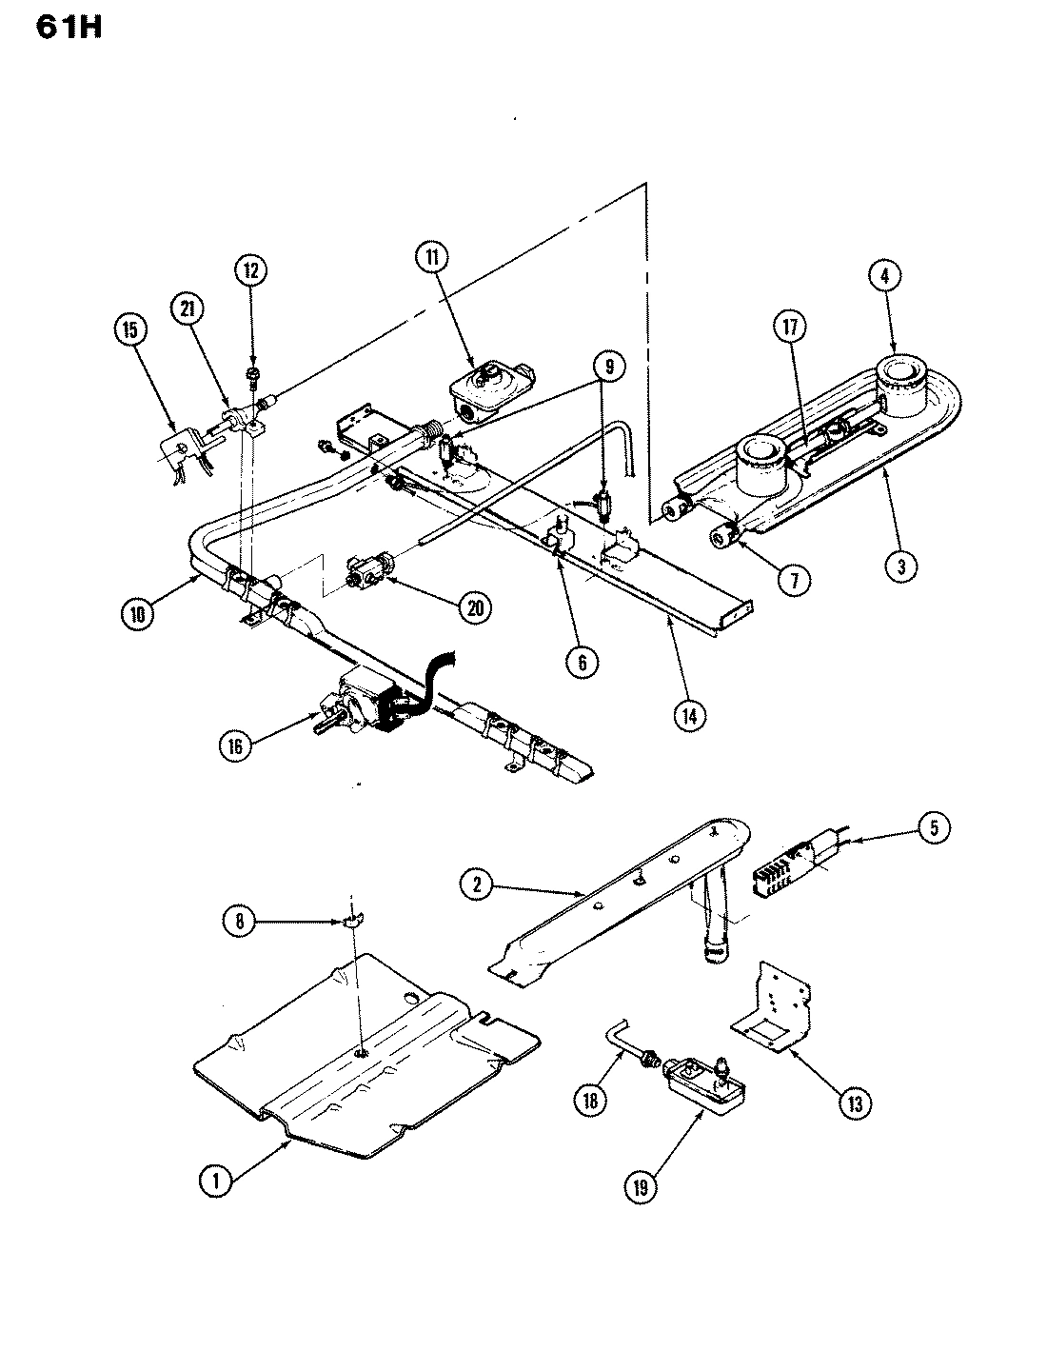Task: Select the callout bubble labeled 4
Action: coord(884,277)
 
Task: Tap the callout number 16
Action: coord(235,746)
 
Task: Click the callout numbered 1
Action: coord(215,1182)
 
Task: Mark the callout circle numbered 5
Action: coord(933,827)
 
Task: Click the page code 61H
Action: coord(69,28)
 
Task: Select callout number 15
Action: coord(130,330)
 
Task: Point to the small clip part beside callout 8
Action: coord(351,921)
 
